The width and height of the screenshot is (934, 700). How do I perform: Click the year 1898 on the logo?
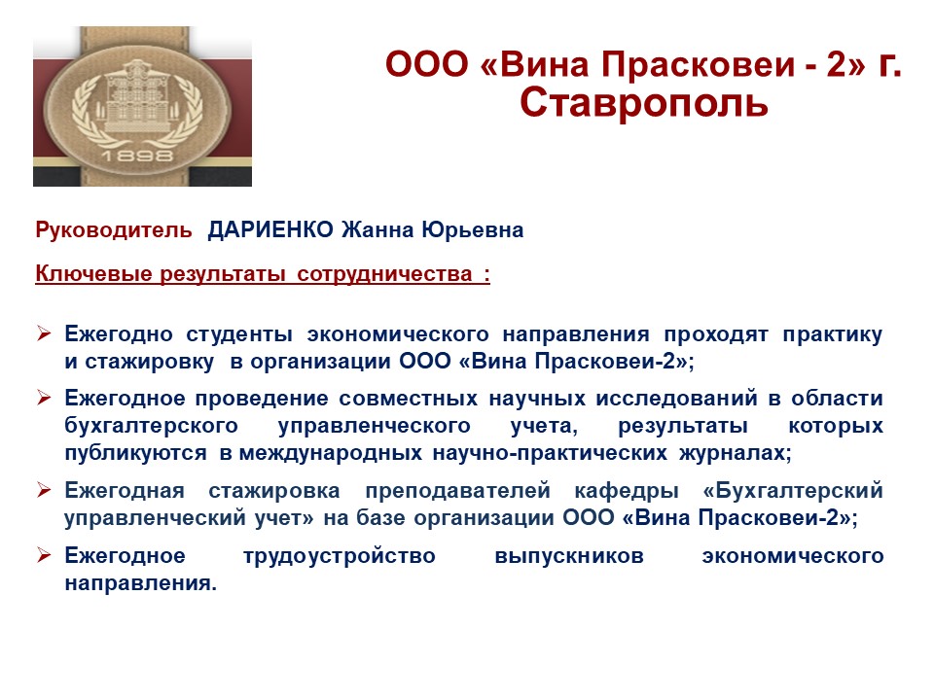(x=137, y=156)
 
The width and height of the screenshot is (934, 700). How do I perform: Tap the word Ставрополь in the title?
(x=643, y=103)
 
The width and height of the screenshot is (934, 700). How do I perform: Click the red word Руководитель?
(x=114, y=229)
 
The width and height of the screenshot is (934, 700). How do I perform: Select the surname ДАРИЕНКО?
(x=270, y=229)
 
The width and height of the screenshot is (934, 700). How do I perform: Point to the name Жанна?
(x=377, y=229)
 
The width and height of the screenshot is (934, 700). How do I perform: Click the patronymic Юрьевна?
(x=473, y=229)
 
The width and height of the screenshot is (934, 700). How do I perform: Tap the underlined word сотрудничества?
(x=384, y=274)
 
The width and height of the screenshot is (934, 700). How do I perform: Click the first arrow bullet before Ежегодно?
(x=44, y=333)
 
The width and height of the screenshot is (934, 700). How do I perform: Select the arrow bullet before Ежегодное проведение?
(x=44, y=397)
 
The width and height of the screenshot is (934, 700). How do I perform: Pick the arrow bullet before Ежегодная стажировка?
(x=44, y=489)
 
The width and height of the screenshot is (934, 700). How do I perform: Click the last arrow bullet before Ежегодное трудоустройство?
(x=44, y=555)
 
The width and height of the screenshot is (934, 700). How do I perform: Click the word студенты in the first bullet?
(x=239, y=334)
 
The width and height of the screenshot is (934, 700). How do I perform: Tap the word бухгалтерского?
(x=152, y=426)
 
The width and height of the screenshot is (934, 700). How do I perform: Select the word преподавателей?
(x=457, y=491)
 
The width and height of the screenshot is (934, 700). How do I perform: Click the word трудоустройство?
(x=340, y=556)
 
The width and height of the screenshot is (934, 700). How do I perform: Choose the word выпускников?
(x=569, y=556)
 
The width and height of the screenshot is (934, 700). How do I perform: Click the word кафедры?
(x=627, y=491)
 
